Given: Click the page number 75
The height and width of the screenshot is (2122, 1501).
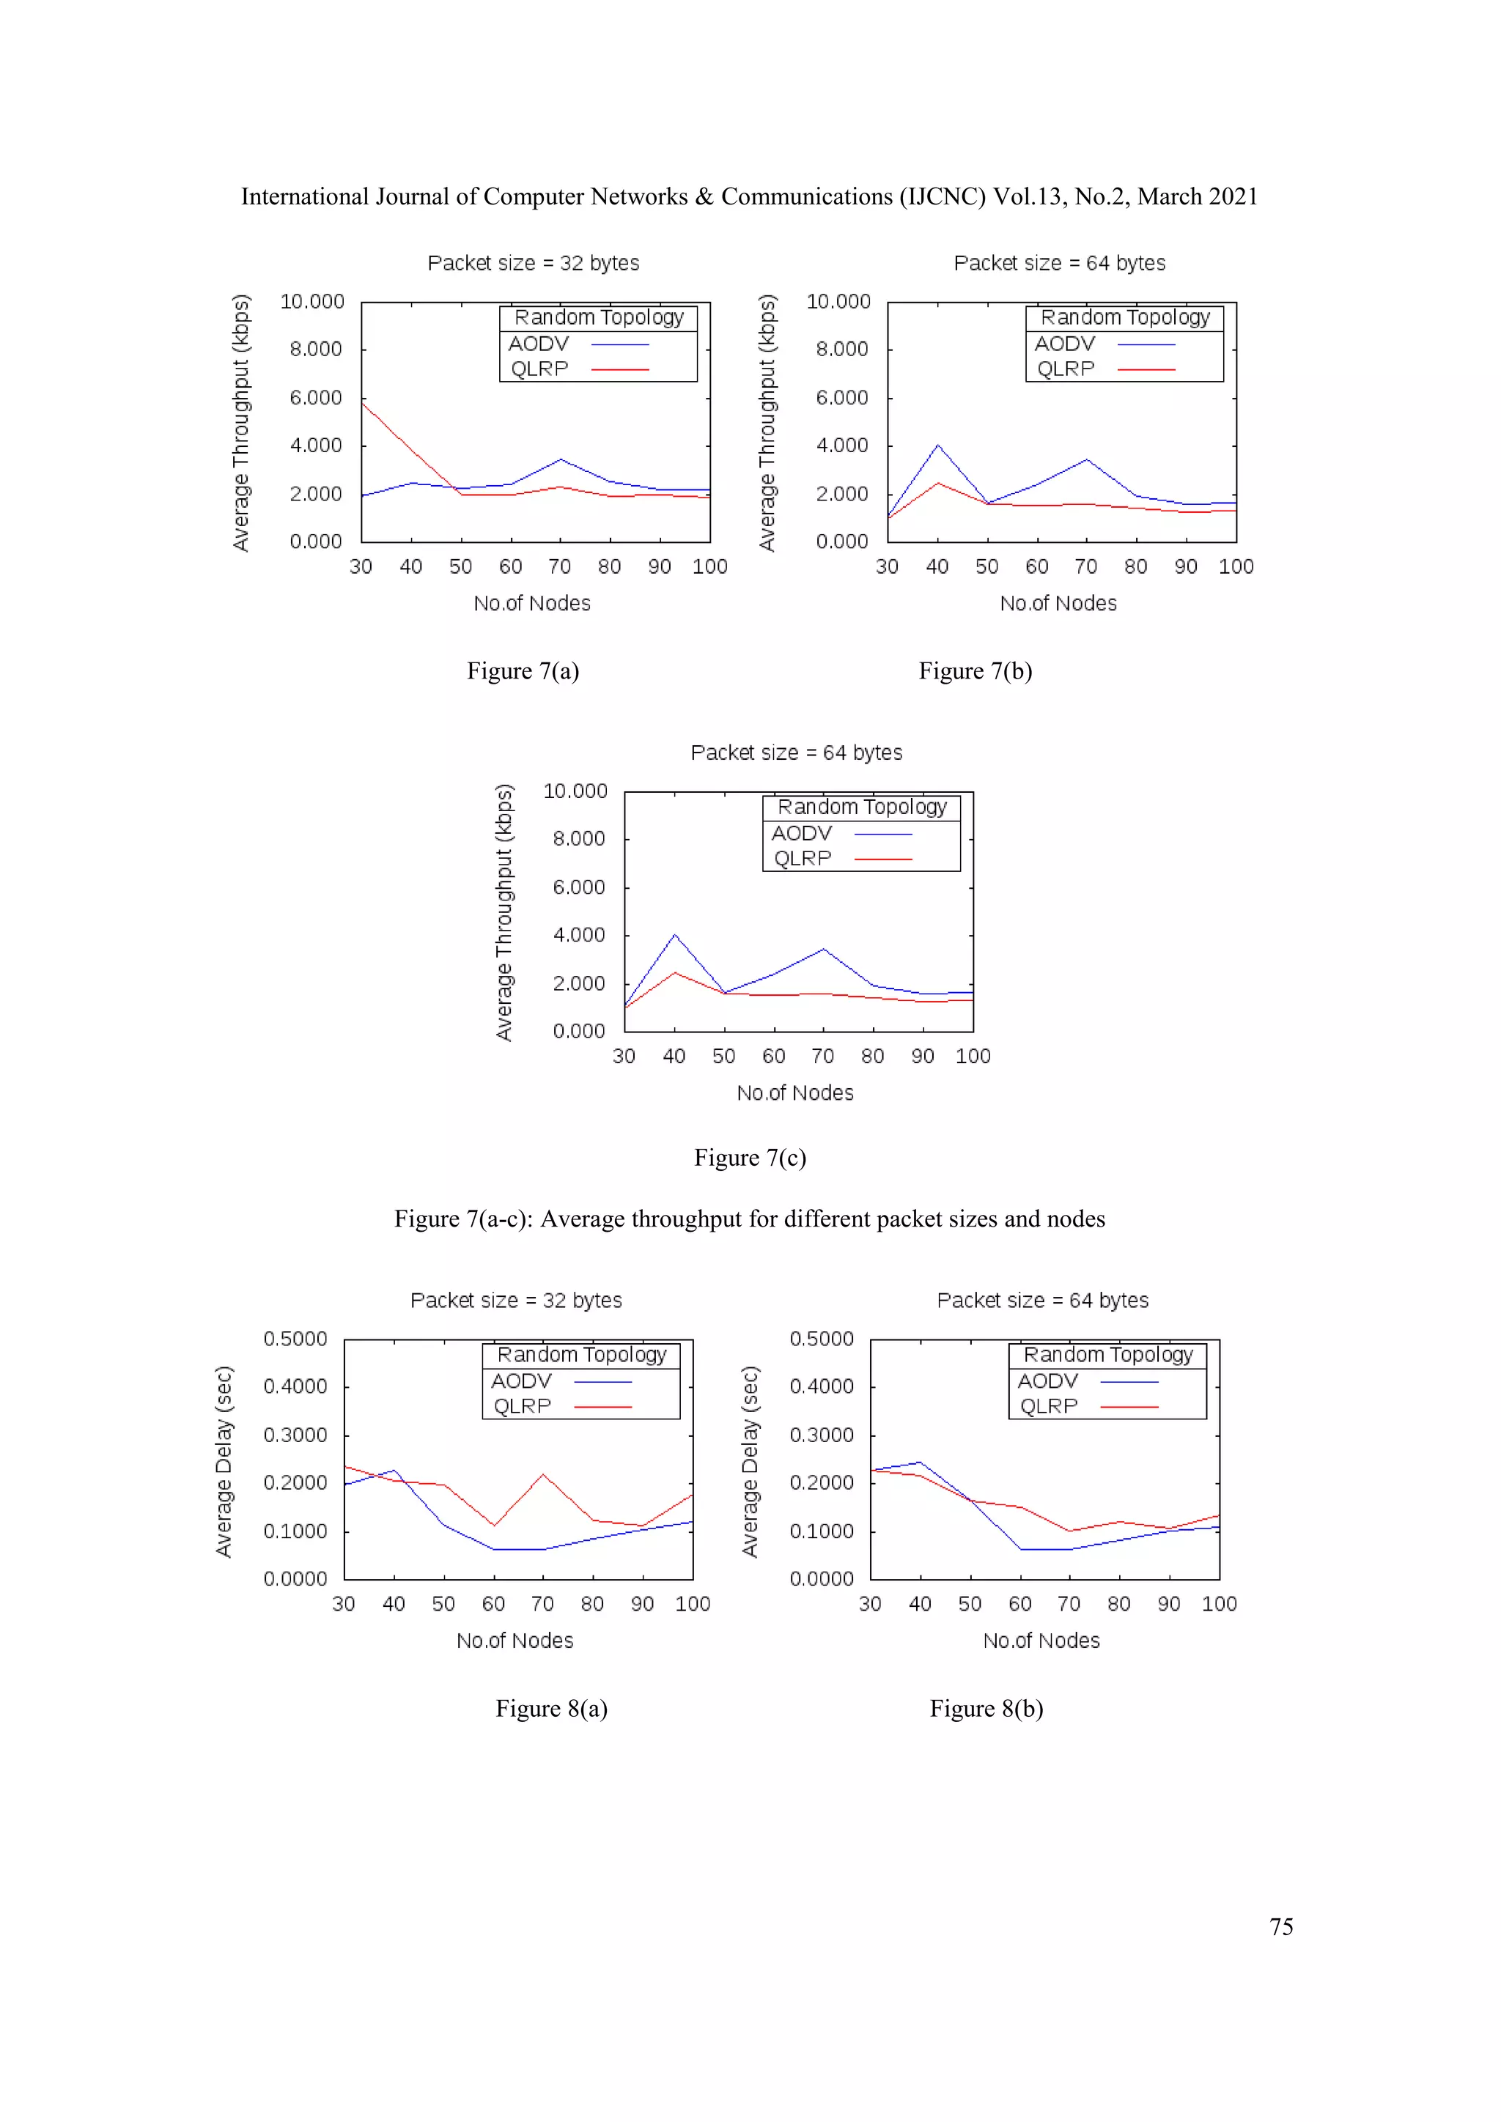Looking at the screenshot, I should (1280, 1926).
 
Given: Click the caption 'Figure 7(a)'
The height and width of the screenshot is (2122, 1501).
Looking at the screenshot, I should (523, 671).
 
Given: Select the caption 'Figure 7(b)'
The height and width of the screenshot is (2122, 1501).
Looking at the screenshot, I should (974, 671).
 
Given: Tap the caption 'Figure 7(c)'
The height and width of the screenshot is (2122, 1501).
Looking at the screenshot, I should (750, 1158).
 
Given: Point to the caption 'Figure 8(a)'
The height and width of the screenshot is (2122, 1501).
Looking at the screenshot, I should (551, 1708).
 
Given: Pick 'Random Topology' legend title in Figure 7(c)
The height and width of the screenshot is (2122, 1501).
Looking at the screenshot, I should (861, 807).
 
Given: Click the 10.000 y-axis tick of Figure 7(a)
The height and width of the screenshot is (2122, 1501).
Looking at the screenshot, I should (312, 301).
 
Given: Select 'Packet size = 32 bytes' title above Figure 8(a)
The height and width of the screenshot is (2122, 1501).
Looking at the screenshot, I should (516, 1301).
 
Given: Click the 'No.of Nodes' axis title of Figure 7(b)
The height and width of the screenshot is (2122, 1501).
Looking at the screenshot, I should (1058, 604).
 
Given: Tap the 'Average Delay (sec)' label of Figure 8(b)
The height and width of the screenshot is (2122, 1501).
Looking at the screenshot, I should (750, 1461).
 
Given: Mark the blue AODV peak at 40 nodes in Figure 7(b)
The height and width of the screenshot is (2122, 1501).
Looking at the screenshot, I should (937, 446).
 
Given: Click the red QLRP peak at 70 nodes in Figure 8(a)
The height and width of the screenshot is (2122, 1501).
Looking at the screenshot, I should (542, 1474).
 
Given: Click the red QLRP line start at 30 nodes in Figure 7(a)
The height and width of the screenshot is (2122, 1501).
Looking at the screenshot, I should (362, 402).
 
